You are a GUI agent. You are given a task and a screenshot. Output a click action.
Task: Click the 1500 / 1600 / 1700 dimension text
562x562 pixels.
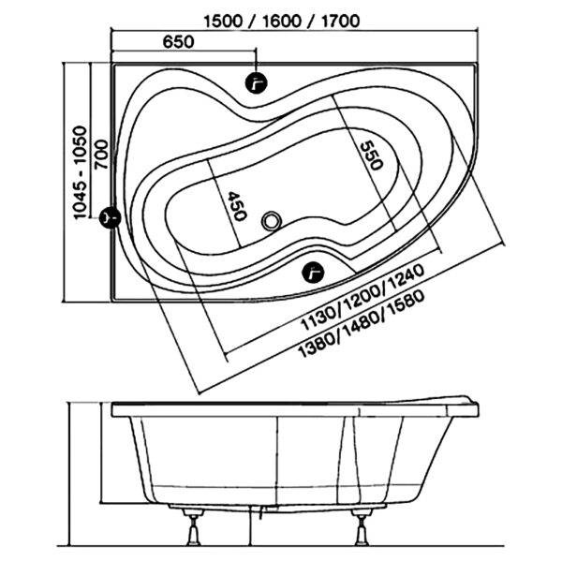point(282,22)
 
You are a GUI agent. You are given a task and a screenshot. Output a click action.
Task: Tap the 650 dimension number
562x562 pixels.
point(179,42)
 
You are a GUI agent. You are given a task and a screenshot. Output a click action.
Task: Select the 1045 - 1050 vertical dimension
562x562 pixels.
point(80,172)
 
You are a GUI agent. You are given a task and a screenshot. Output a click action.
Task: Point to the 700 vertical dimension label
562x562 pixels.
point(101,155)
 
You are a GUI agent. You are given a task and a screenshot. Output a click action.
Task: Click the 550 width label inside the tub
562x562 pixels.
point(371,155)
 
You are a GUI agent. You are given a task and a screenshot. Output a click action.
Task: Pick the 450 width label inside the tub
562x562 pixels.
point(237,206)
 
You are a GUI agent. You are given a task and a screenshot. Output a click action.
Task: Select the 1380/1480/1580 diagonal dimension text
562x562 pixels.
point(362,324)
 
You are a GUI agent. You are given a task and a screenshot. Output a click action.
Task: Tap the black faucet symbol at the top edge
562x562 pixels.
point(257,83)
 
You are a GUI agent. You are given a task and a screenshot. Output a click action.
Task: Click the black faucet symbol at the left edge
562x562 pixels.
point(110,217)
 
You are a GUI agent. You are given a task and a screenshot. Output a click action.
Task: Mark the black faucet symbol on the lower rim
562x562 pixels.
point(313,272)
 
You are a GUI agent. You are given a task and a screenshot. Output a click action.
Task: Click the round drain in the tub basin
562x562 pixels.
point(271,221)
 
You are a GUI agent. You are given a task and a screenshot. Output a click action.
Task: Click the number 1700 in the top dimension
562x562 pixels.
point(341,22)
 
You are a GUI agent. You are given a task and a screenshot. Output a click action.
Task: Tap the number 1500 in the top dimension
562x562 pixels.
point(223,22)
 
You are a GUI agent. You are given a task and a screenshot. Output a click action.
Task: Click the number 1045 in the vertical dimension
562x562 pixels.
point(80,200)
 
